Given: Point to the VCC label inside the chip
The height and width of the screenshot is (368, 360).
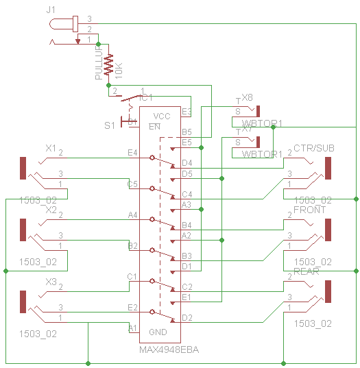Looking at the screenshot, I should (x=162, y=116).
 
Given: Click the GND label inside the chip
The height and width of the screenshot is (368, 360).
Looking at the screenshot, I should (x=158, y=332).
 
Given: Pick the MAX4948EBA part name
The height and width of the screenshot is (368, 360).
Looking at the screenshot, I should (x=165, y=349).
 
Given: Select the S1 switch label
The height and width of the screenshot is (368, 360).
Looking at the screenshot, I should (x=110, y=125).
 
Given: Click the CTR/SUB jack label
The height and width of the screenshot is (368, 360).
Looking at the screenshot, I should (x=314, y=148).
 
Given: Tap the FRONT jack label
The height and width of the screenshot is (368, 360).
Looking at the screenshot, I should (x=309, y=210).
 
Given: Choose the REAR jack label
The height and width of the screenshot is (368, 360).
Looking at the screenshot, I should (x=307, y=272).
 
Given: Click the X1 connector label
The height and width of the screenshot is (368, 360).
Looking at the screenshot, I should (x=50, y=148).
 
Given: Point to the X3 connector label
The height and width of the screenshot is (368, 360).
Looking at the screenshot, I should (x=50, y=282).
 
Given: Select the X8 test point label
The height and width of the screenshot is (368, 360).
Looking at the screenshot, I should (x=247, y=98).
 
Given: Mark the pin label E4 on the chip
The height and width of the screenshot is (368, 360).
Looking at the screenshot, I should (x=132, y=152).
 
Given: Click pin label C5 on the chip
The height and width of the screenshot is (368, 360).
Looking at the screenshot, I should (x=132, y=184).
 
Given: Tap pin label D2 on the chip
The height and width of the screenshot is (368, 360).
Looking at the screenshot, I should (x=187, y=317).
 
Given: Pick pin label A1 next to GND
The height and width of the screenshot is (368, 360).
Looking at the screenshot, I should (x=132, y=328).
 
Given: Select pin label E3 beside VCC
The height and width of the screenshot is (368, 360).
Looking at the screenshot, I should (x=187, y=111).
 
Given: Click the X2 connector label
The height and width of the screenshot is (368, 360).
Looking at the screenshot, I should (x=50, y=210).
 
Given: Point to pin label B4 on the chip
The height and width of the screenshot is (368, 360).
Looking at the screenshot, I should (x=187, y=225).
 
